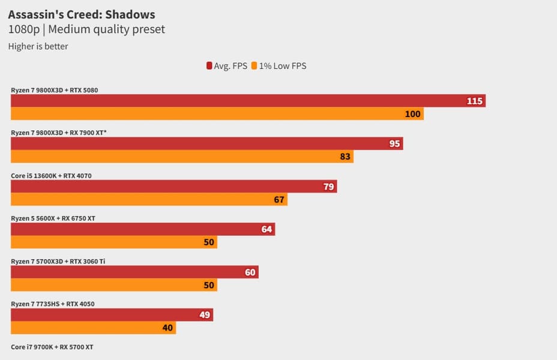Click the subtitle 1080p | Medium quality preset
tap(86, 29)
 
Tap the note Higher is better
tap(38, 46)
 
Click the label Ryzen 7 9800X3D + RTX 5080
tap(54, 90)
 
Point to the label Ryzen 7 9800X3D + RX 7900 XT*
tap(59, 133)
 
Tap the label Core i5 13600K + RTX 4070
tap(51, 176)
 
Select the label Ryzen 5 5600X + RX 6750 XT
tap(53, 218)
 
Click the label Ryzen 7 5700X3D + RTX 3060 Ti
tap(58, 261)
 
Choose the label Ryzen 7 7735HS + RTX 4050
tap(52, 304)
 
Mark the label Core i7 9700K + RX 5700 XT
tap(52, 347)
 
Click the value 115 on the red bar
tap(475, 101)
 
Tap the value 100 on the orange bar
tap(412, 113)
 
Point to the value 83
tap(345, 157)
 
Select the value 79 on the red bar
tap(328, 187)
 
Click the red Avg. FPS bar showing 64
tap(143, 229)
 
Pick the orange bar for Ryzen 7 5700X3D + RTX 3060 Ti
tap(114, 285)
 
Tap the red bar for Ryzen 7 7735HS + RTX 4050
tap(112, 315)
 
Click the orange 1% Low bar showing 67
tap(149, 199)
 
